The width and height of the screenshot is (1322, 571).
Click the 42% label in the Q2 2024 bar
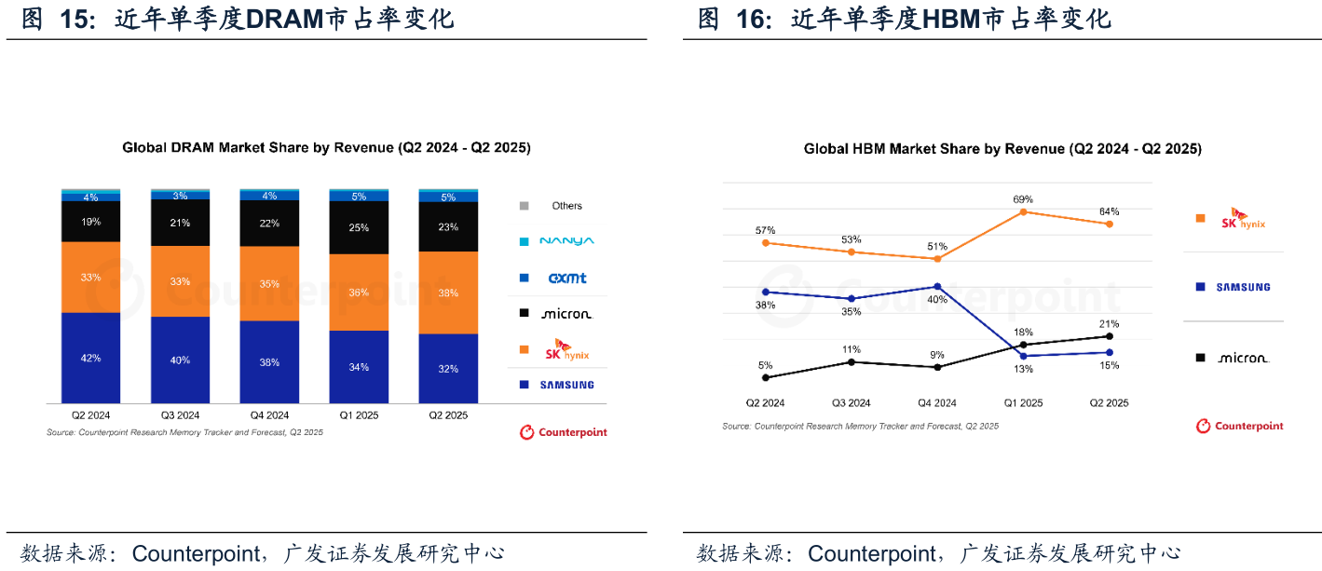(90, 359)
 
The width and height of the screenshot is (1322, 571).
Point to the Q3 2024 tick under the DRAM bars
(180, 415)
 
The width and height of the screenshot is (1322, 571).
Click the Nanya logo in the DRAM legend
(566, 241)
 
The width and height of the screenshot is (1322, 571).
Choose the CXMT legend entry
(566, 278)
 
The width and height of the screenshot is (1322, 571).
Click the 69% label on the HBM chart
(1023, 199)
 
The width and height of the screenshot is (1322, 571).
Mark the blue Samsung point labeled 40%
(937, 286)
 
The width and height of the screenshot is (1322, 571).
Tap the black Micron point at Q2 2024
(766, 377)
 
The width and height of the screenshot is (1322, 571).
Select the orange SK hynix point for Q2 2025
(1109, 224)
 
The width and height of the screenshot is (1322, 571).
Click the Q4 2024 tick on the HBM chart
(937, 403)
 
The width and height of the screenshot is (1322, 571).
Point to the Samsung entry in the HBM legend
(1243, 287)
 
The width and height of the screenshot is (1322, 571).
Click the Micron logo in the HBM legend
(1243, 358)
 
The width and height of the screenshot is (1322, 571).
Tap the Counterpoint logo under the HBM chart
(1240, 426)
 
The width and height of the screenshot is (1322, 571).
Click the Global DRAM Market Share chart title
(326, 148)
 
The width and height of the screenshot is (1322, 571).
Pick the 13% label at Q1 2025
(1023, 369)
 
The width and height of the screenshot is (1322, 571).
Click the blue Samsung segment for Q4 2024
(269, 362)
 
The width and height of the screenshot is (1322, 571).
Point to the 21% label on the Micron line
(1109, 322)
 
